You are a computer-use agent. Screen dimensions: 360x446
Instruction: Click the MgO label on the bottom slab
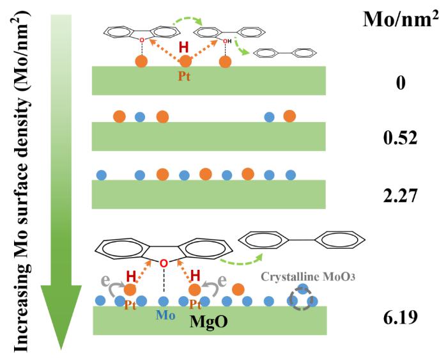point(208,322)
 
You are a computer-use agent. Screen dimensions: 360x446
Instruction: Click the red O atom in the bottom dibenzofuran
point(164,262)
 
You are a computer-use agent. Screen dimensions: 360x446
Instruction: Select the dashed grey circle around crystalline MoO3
point(301,300)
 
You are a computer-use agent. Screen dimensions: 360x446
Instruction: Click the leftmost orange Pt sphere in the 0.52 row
point(119,116)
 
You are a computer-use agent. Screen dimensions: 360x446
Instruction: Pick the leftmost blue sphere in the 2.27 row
point(101,174)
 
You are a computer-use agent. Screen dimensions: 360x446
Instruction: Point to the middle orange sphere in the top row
point(186,62)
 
